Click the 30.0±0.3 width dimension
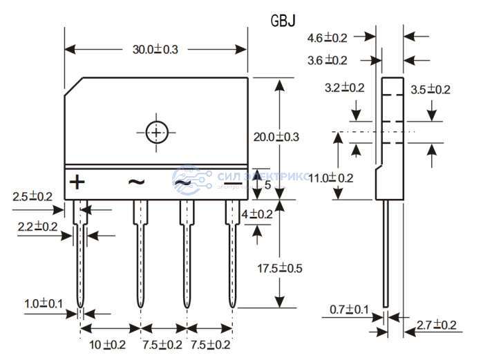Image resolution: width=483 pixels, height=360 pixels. (x=155, y=49)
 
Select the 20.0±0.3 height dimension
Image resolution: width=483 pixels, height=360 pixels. (x=276, y=137)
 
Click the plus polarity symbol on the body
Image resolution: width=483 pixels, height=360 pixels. (x=77, y=182)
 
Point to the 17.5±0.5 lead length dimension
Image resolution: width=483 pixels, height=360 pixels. (x=280, y=267)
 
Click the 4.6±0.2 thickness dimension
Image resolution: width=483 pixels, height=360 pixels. (x=328, y=37)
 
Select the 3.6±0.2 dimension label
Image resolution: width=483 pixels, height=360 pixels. (x=328, y=60)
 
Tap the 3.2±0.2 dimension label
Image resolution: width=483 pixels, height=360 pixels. (x=344, y=88)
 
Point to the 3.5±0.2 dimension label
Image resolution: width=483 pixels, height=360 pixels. (x=430, y=89)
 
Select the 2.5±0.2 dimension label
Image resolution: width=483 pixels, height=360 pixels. (x=32, y=197)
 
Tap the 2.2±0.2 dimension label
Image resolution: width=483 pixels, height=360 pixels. (x=37, y=226)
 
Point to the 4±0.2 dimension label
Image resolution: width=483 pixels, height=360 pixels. (x=257, y=214)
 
